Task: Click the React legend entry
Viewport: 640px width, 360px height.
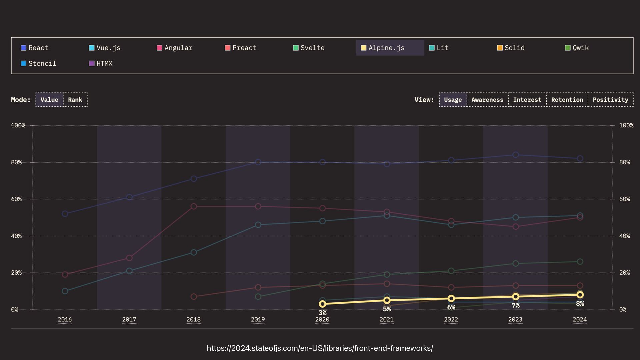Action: pos(35,48)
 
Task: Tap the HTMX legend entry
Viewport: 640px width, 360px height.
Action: pos(101,63)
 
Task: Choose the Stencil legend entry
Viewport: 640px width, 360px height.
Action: pos(39,63)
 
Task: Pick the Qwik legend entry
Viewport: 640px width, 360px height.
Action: pos(577,48)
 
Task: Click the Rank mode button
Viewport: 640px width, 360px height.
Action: pos(75,100)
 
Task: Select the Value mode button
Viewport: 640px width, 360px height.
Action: pos(49,100)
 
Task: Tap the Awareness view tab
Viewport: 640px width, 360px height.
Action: pos(487,100)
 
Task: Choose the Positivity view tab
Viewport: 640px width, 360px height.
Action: pos(610,100)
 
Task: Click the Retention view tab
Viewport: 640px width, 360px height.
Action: pos(567,100)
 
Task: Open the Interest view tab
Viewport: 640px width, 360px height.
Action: pos(527,100)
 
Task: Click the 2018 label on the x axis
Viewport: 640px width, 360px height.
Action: pos(193,319)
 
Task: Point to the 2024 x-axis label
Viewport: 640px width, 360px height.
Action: pos(580,319)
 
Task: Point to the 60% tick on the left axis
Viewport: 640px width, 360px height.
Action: pos(16,199)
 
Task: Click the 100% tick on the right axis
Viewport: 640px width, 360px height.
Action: pos(626,125)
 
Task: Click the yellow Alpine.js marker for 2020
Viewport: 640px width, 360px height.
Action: pos(322,304)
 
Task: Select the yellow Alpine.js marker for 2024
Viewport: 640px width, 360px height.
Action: pos(580,295)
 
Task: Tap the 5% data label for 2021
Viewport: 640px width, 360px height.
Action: pos(387,309)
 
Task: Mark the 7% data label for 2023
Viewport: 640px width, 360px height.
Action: pos(516,305)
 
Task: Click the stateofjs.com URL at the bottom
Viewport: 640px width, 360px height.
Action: pos(320,348)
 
